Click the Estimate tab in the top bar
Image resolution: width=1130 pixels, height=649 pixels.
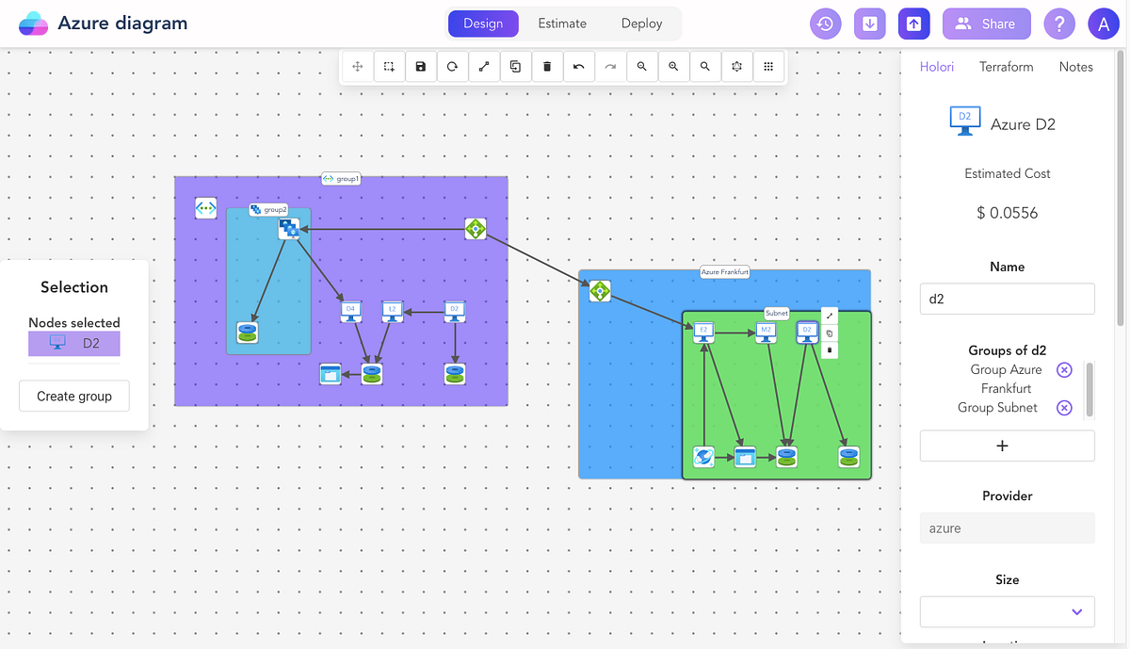(562, 24)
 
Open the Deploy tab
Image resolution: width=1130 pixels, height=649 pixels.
(641, 24)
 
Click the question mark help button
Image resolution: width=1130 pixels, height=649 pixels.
(1059, 24)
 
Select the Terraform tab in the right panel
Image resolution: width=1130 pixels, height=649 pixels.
(1006, 67)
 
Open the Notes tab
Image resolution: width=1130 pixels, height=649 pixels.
(1075, 67)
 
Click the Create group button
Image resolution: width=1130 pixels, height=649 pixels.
(74, 397)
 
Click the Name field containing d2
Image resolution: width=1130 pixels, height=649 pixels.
(1007, 299)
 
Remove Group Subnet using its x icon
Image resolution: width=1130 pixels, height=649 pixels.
(1064, 408)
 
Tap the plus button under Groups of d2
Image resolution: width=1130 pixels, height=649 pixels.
(1007, 446)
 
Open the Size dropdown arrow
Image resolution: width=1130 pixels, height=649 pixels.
(1077, 612)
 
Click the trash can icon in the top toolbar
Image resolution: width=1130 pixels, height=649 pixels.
(547, 67)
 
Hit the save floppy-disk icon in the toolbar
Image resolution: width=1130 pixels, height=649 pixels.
(421, 67)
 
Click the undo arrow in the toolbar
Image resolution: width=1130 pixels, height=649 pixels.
(578, 67)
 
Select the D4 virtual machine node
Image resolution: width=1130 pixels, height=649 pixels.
(350, 310)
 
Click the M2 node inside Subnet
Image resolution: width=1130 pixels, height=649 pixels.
(767, 332)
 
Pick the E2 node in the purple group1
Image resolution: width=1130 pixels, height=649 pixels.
(393, 310)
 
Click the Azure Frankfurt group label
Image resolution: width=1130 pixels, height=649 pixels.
(725, 272)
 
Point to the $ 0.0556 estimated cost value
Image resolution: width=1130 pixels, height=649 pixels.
(1007, 213)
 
